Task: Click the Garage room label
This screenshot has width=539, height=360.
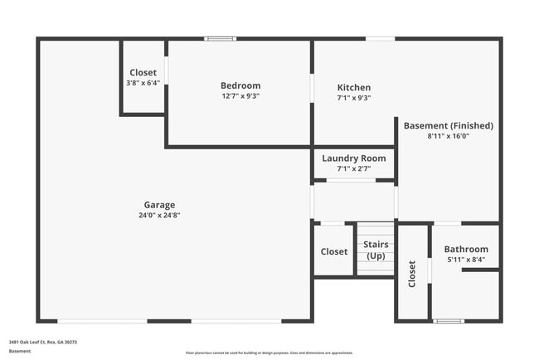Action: [x=159, y=205]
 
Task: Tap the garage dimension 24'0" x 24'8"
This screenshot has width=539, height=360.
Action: [x=159, y=216]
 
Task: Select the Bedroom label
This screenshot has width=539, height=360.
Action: [x=240, y=85]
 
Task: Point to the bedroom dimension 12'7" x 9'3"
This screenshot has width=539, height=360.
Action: [x=240, y=96]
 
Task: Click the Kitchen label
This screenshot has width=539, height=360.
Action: [x=354, y=88]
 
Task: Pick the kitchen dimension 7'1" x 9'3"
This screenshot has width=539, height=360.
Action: [x=354, y=98]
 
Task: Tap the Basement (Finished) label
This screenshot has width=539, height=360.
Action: [x=449, y=126]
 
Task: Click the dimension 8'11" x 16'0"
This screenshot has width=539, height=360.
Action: [x=449, y=136]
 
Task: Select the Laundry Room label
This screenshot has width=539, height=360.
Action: [x=354, y=158]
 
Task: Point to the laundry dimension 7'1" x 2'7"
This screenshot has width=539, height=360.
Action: [x=354, y=168]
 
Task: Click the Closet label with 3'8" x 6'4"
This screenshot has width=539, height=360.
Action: [x=142, y=73]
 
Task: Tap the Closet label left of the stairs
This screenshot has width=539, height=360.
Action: [x=334, y=251]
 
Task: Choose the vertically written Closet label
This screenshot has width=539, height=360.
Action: [x=412, y=275]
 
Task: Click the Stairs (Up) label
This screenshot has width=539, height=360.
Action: [x=376, y=250]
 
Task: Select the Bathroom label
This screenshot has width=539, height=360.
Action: [x=466, y=249]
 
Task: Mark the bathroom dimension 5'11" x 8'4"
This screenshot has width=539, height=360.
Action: [x=466, y=260]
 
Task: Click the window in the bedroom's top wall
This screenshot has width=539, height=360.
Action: [x=221, y=38]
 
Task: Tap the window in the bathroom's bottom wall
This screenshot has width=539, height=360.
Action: [x=449, y=321]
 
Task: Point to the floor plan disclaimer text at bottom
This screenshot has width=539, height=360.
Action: [x=269, y=353]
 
